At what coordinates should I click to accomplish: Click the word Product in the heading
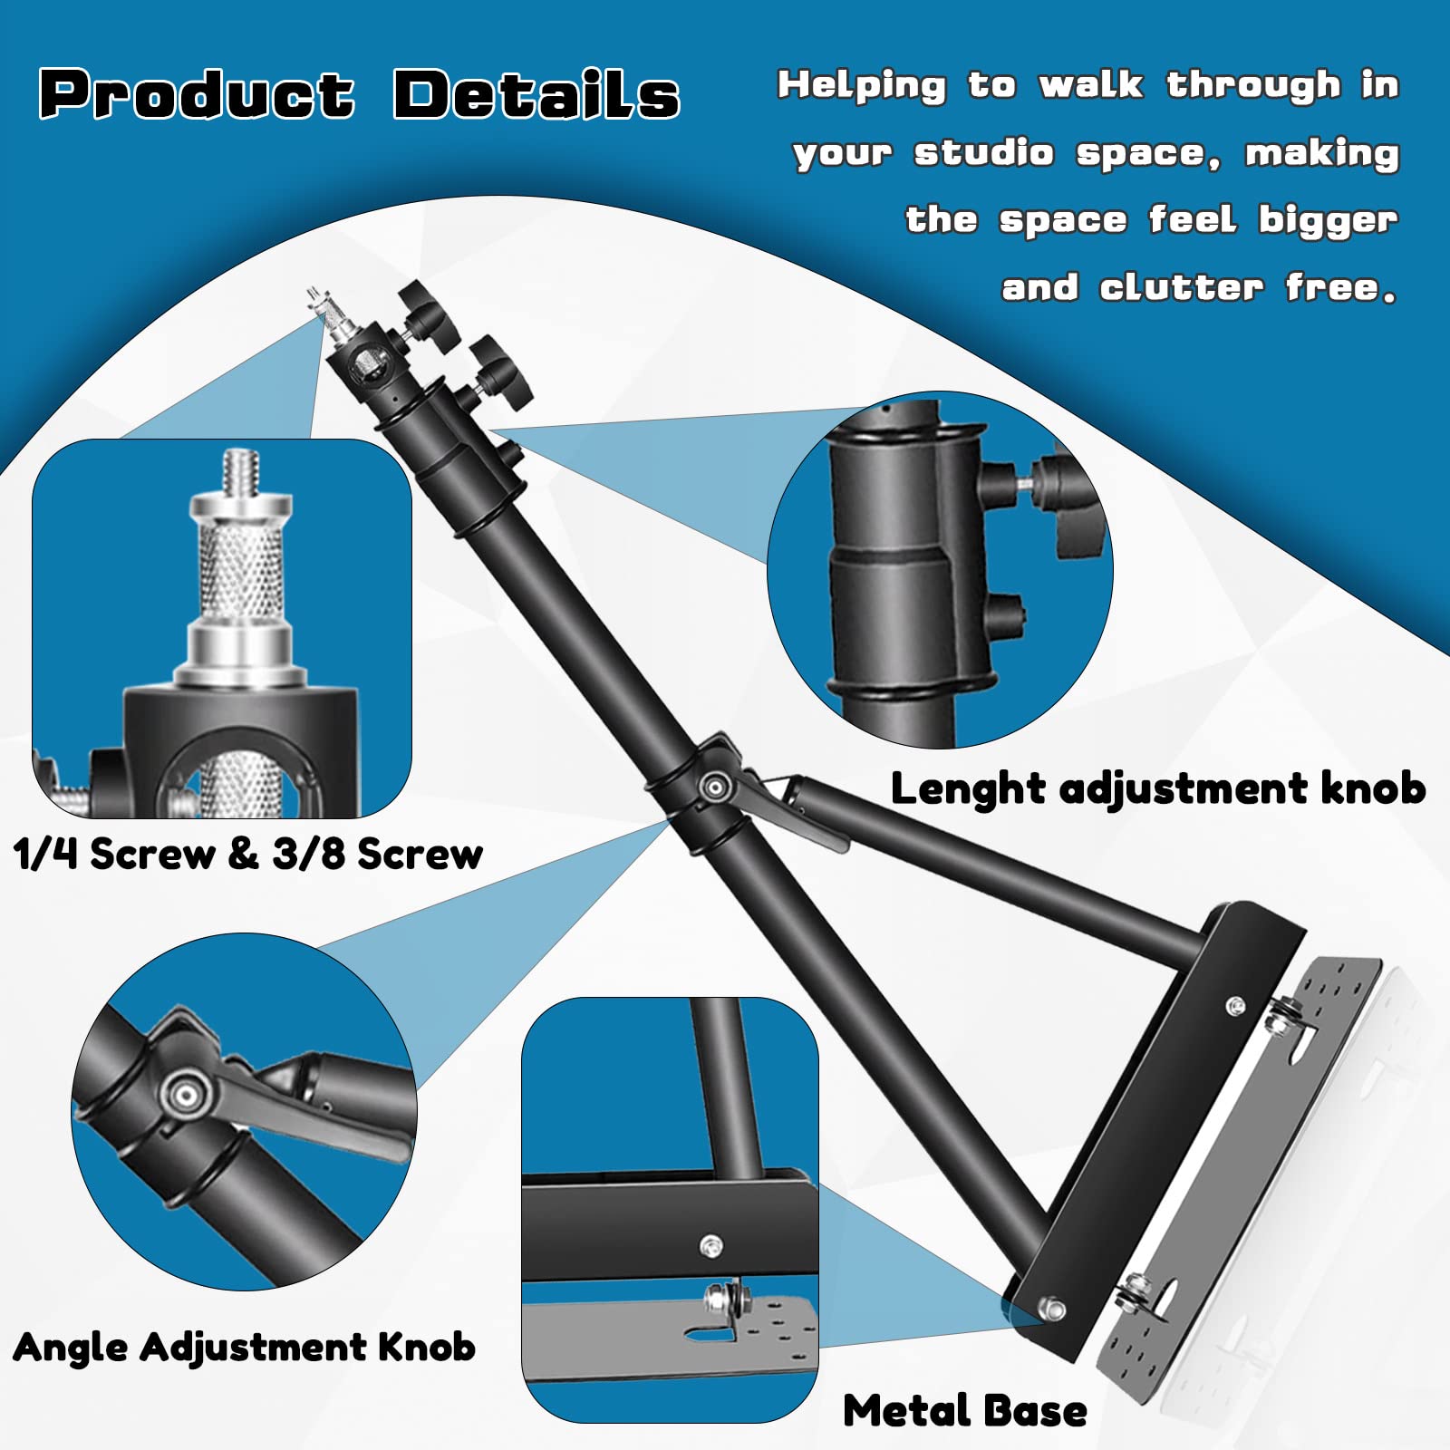pos(196,94)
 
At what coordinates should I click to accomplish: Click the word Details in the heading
pos(536,94)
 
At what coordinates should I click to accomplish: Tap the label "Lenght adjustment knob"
pos(1157,788)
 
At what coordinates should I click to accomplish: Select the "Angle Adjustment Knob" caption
pos(244,1347)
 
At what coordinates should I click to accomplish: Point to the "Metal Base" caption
pos(964,1411)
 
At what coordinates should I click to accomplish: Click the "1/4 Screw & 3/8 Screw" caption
pos(248,854)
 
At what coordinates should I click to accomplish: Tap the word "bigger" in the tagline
pos(1328,221)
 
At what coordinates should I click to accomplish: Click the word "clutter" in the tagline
pos(1181,288)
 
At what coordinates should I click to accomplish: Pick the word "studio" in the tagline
pos(984,153)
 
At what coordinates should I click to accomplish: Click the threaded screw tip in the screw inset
pos(241,470)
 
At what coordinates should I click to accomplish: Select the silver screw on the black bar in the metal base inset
pos(711,1245)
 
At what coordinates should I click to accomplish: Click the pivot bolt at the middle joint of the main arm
pos(715,787)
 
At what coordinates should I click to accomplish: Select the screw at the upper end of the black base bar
pos(1234,1005)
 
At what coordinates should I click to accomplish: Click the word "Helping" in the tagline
pos(861,86)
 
